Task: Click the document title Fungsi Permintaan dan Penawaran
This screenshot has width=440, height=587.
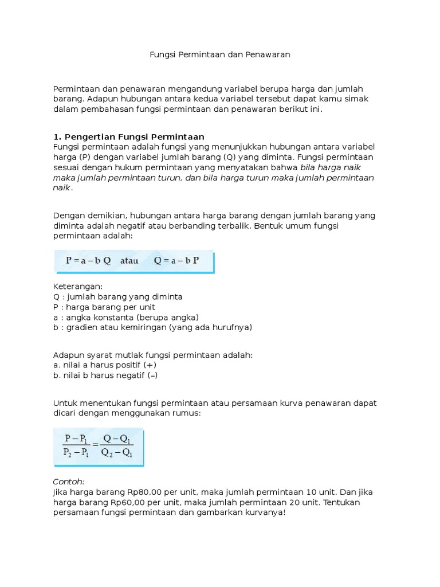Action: point(220,55)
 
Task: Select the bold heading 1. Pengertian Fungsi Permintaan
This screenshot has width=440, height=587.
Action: point(128,136)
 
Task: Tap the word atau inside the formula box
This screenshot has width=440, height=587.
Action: point(129,260)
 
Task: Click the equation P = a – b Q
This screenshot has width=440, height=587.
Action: point(88,260)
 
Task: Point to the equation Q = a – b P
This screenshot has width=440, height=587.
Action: point(176,260)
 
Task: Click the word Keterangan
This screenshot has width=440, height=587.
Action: point(77,286)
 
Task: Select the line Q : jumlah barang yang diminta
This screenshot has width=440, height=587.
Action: point(117,296)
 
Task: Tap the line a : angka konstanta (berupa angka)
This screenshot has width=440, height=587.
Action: point(125,317)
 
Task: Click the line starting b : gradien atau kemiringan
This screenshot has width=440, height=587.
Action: point(152,327)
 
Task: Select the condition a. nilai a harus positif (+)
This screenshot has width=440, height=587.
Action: point(105,365)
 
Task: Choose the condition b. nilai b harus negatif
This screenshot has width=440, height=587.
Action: point(105,375)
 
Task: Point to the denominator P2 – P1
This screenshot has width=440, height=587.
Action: point(76,452)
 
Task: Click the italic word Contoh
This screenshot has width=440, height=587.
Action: point(69,482)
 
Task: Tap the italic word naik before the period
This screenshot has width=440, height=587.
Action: point(62,188)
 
